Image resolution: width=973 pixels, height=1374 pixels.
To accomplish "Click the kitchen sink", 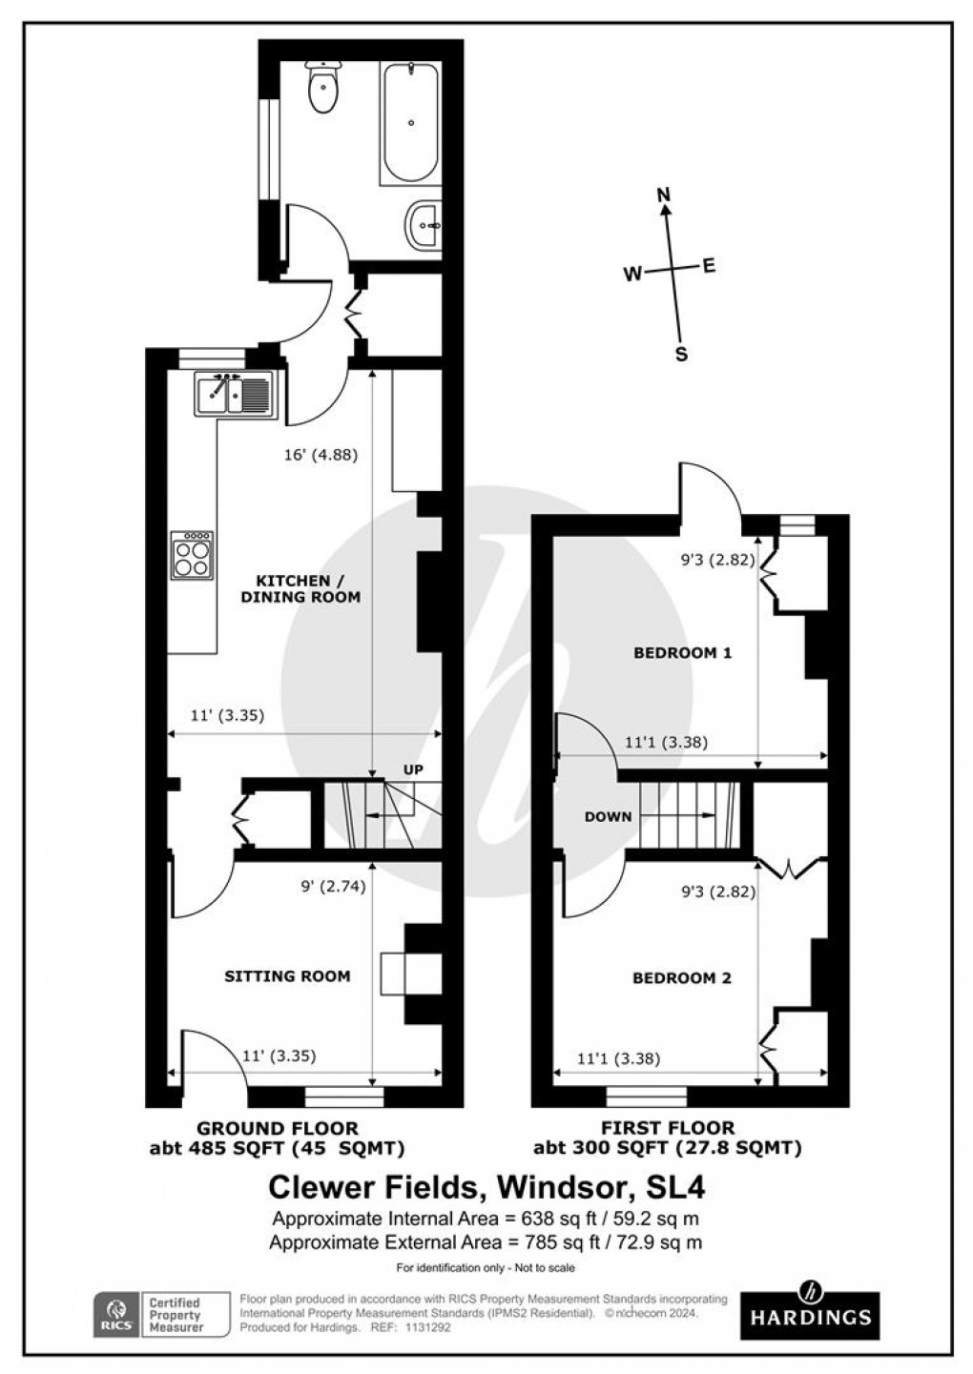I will point(236,395).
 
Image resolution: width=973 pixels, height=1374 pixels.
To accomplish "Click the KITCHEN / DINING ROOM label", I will point(307,588).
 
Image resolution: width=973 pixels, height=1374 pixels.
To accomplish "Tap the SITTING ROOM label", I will point(287,975).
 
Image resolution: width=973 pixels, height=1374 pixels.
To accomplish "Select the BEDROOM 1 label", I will point(682,653).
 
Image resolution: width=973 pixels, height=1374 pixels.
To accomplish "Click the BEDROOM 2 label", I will point(682,977).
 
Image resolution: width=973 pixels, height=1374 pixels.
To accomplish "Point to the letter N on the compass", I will point(665,195).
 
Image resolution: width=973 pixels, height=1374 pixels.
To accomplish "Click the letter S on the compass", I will point(681,354).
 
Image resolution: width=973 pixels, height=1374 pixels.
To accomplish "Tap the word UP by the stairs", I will point(412,769).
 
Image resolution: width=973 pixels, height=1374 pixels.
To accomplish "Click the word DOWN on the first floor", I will point(608,816).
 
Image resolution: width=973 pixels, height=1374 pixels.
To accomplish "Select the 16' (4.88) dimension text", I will point(321,455).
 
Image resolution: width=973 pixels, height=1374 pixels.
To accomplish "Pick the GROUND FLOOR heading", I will point(277,1128).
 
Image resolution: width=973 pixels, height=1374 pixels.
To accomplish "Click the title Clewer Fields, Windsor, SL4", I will point(486,1187).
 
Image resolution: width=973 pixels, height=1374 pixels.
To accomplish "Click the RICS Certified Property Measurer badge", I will point(162,1315).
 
